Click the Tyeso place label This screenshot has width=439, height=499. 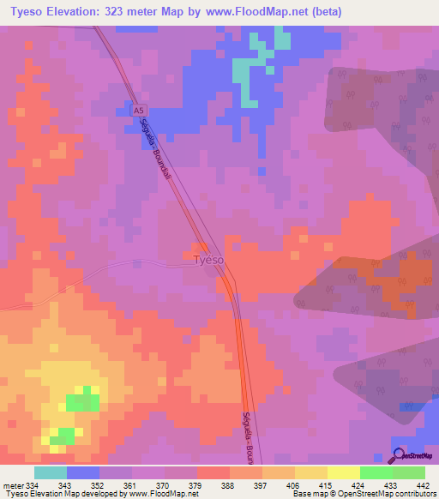point(208,259)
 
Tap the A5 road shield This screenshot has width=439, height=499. point(138,110)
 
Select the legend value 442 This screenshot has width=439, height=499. point(423,485)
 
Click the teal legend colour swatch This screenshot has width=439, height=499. point(51,472)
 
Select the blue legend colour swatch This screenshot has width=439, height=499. point(83,472)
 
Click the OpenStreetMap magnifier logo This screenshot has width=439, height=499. point(400,454)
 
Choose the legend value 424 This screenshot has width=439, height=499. point(358,485)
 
